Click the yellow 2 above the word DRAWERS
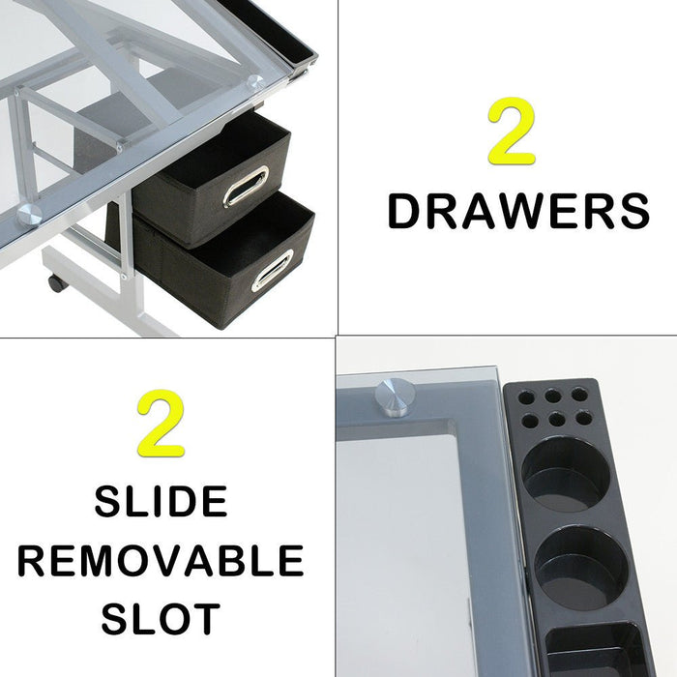tap(512, 132)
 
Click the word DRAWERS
tap(517, 212)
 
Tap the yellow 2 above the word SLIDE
tap(161, 423)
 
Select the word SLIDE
tap(161, 503)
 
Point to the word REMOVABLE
tap(161, 561)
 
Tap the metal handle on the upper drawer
tap(246, 186)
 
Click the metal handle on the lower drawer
tap(272, 270)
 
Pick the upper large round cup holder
tap(566, 474)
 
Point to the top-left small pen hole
tap(525, 397)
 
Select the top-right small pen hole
tap(578, 394)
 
